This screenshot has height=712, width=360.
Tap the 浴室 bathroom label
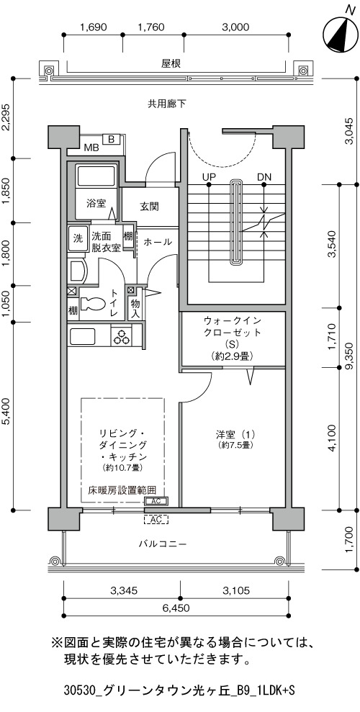pos(96,203)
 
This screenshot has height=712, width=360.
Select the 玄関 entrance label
pos(148,207)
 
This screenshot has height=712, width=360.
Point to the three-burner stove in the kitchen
pos(121,336)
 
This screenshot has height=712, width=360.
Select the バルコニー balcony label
pos(163,544)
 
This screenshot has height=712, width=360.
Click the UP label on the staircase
pos(210,176)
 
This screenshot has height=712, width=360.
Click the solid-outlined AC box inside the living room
pos(156,501)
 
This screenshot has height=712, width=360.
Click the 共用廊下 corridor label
pos(166,104)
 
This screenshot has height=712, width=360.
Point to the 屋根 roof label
pos(171,64)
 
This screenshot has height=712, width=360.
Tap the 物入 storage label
pos(135,308)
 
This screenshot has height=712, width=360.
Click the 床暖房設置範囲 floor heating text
pos(122,490)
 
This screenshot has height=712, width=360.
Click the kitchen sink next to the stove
pos(82,336)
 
